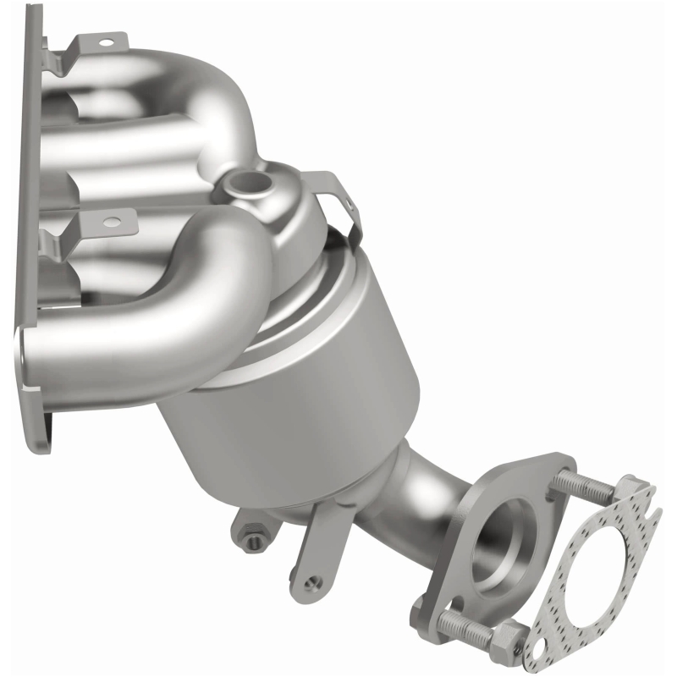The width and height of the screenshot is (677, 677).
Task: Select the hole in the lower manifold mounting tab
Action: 109,223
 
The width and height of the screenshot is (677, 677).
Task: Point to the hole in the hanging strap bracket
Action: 314,582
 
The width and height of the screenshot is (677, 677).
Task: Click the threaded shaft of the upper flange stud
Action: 584,489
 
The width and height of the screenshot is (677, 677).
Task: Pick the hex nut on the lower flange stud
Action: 511,631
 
